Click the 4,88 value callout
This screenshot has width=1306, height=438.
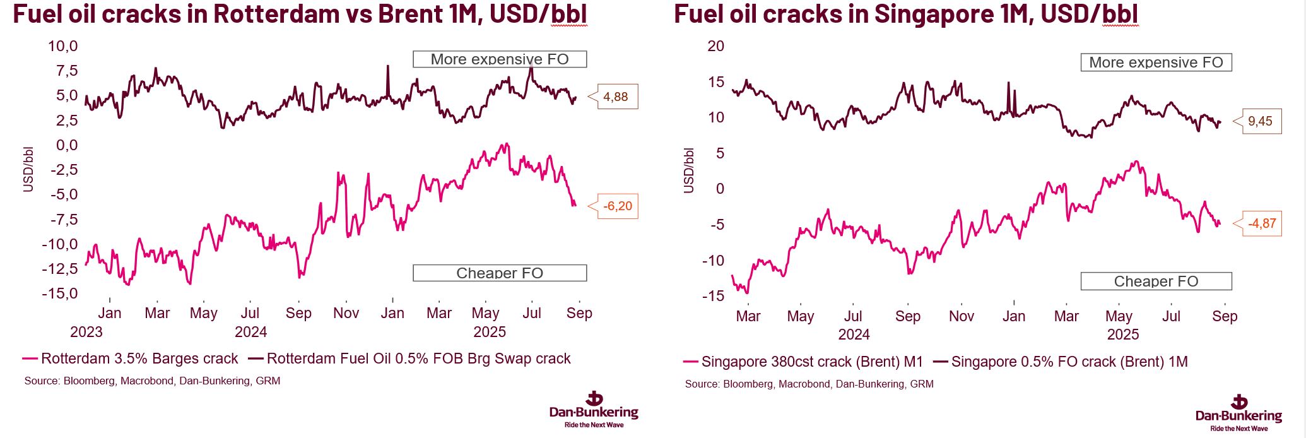point(615,97)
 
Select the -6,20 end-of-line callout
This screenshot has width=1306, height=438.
point(617,206)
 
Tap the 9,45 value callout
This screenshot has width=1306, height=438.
point(1260,121)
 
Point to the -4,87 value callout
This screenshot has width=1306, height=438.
point(1262,223)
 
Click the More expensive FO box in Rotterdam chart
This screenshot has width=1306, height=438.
point(500,59)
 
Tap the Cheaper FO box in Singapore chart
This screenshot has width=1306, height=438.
point(1156,281)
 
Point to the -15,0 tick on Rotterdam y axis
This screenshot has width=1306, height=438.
point(60,293)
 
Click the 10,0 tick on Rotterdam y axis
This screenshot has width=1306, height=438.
point(63,46)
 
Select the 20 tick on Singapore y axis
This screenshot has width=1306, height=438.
point(715,46)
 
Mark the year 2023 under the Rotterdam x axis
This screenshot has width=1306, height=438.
point(86,332)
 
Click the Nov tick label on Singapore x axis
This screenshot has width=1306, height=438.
point(961,316)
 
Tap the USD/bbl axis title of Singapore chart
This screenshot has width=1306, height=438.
point(688,170)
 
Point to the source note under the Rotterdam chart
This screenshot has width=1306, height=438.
point(152,381)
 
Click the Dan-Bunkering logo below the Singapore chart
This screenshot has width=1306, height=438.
point(1238,412)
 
